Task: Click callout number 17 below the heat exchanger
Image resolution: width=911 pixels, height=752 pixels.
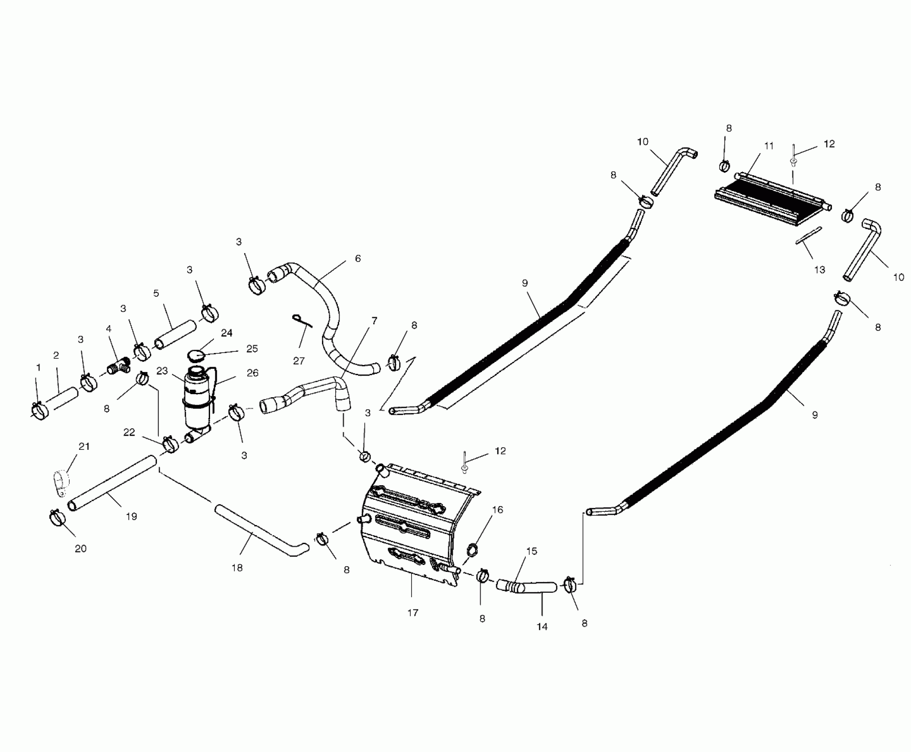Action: [413, 613]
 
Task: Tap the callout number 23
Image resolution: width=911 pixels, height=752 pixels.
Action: [162, 371]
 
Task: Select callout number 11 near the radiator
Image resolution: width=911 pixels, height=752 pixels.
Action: [769, 146]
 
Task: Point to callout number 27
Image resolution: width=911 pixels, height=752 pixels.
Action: [299, 361]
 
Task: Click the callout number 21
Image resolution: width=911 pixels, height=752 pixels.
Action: [84, 446]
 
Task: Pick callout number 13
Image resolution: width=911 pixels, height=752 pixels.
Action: [819, 269]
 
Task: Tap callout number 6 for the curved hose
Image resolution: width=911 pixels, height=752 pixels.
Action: [358, 258]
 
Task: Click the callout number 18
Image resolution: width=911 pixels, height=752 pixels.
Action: [237, 568]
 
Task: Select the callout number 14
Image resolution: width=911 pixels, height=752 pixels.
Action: [542, 626]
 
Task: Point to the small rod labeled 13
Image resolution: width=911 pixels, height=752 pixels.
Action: [808, 235]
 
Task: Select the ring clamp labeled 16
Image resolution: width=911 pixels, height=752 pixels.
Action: [473, 550]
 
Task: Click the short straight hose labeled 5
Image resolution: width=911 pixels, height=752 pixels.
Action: [175, 336]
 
